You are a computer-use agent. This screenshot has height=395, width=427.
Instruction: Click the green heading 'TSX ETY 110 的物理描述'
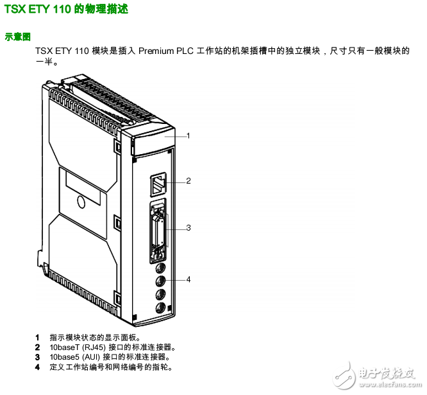(x=66, y=9)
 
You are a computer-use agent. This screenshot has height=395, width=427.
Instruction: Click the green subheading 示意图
(x=18, y=37)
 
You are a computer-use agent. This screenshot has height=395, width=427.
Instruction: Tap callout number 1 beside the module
(x=188, y=136)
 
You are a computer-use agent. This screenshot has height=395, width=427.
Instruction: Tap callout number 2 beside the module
(x=188, y=181)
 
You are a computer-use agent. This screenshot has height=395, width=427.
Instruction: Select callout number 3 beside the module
(x=188, y=228)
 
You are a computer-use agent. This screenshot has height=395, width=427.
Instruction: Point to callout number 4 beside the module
(x=188, y=279)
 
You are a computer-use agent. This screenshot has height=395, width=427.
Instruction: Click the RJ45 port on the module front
(x=158, y=184)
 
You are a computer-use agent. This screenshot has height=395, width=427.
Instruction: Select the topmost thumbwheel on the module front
(x=161, y=268)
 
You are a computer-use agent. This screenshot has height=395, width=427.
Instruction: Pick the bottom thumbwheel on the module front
(x=161, y=308)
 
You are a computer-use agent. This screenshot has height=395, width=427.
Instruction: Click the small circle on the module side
(x=81, y=202)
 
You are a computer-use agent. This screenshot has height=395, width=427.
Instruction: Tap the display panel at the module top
(x=153, y=141)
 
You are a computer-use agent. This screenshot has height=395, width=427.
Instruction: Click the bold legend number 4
(x=37, y=367)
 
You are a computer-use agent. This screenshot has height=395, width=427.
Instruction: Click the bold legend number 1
(x=37, y=338)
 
